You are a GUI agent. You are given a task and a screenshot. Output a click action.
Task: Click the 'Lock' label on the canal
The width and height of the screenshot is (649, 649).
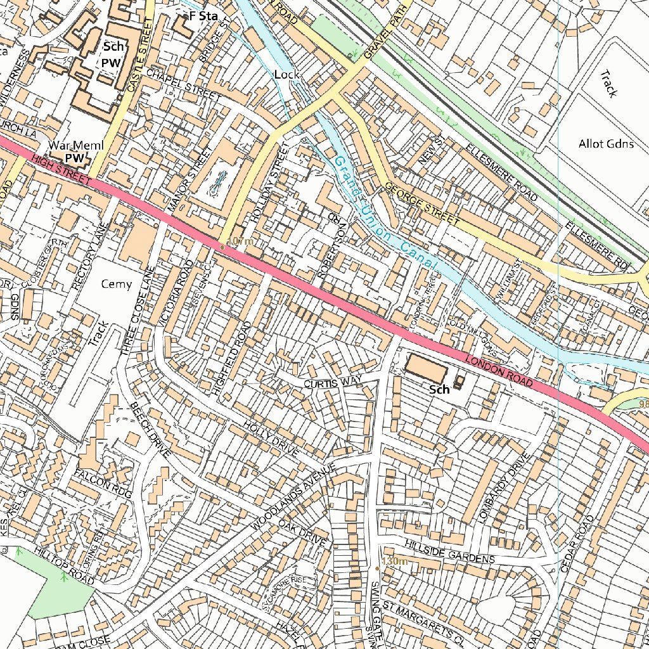pyautogui.click(x=286, y=75)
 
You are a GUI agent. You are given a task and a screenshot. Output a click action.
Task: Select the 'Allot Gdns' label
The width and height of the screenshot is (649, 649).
pyautogui.click(x=606, y=144)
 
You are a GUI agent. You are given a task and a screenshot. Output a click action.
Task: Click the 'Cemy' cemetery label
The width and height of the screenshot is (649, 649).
pyautogui.click(x=117, y=284)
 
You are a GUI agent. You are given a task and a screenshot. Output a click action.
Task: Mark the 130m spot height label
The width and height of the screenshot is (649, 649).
pyautogui.click(x=394, y=562)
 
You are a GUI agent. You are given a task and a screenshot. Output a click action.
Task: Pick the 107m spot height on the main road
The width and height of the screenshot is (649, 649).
pyautogui.click(x=240, y=242)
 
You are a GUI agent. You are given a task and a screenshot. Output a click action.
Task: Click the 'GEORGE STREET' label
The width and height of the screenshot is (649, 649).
pyautogui.click(x=421, y=203)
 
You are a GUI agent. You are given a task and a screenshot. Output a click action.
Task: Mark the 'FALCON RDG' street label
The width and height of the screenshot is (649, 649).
pyautogui.click(x=103, y=483)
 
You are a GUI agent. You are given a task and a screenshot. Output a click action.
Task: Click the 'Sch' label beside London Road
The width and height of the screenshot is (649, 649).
pyautogui.click(x=439, y=390)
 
